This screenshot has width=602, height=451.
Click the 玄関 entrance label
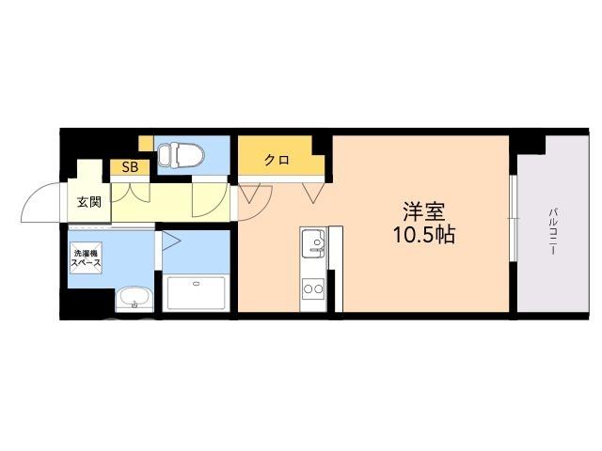(89, 202)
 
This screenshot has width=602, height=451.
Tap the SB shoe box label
(130, 167)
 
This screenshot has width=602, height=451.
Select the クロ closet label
(277, 160)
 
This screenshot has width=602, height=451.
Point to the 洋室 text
(423, 211)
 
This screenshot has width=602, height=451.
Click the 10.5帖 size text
(423, 235)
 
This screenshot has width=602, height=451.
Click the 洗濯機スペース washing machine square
(87, 258)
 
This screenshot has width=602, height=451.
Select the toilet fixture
(181, 155)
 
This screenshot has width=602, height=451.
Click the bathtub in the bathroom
(197, 293)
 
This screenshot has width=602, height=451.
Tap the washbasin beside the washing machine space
(135, 300)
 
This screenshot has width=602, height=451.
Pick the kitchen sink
(313, 243)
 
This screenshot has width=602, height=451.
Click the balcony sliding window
(514, 219)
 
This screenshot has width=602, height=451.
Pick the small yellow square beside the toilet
(146, 143)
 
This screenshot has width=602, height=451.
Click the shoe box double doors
(130, 193)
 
